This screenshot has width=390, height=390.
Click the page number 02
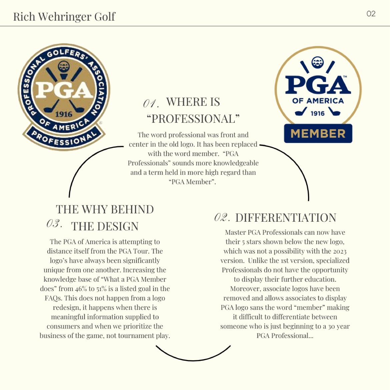[x=371, y=14]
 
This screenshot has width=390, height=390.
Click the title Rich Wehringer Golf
[x=64, y=16]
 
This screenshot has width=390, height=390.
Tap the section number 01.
[x=151, y=103]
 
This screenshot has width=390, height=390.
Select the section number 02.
[x=222, y=218]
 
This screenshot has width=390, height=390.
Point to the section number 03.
[x=54, y=224]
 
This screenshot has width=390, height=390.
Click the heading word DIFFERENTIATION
[x=286, y=218]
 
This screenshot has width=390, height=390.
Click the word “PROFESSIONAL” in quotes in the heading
[x=193, y=119]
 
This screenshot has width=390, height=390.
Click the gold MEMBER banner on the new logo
[x=318, y=134]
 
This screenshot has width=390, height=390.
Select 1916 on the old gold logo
[x=64, y=114]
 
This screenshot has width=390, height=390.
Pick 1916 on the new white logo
[x=317, y=113]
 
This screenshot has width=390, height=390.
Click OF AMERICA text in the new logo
[x=318, y=101]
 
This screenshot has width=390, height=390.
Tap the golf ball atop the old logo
[x=63, y=66]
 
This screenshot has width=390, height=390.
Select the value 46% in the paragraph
[x=80, y=289]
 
